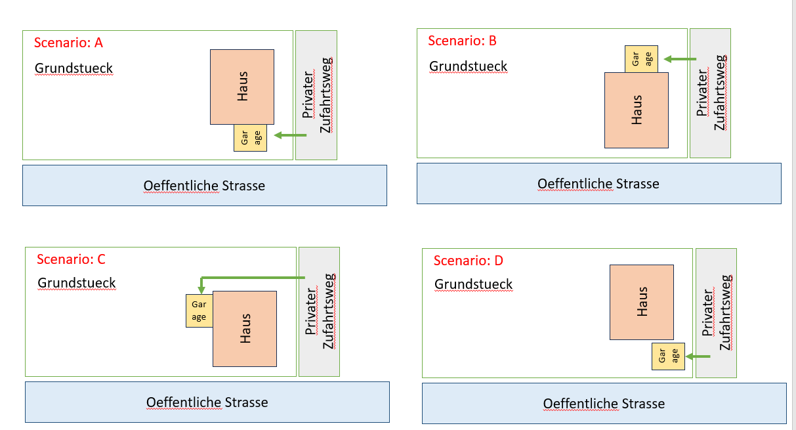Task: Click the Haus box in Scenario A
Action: point(241,87)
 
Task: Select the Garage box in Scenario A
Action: point(250,138)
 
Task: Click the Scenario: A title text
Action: point(69,43)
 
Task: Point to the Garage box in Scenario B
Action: point(641,59)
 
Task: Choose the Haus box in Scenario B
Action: point(636,110)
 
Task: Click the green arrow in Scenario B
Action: point(680,59)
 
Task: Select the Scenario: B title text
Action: point(462,41)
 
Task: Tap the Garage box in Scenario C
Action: point(199,311)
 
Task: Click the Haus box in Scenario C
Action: point(244,328)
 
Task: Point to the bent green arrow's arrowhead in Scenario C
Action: point(201,289)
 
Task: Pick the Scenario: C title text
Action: point(71,259)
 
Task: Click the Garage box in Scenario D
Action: point(667,356)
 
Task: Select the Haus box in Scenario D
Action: point(641,302)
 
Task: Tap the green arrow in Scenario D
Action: point(698,356)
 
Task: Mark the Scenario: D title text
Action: point(468,261)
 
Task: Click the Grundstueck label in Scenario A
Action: point(73,68)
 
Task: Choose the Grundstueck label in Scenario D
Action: point(473,284)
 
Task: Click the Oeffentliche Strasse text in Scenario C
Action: point(207,402)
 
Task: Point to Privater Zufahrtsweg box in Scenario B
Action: point(710,93)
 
